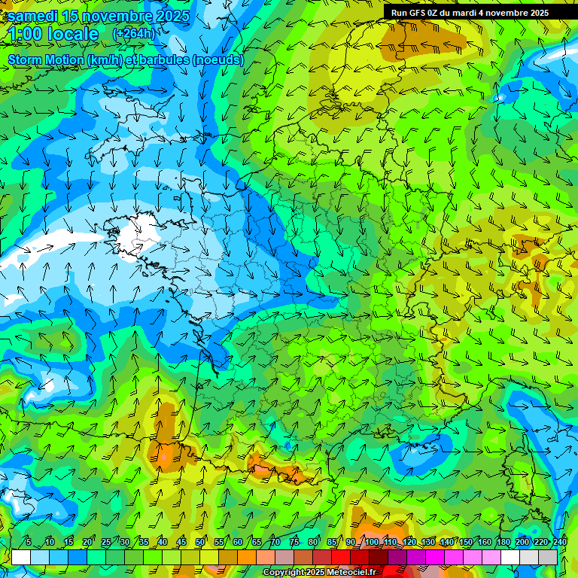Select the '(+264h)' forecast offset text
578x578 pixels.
click(x=134, y=34)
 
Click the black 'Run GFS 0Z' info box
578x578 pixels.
click(x=480, y=12)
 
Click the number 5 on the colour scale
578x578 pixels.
click(x=29, y=542)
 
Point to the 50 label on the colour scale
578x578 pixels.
click(x=200, y=542)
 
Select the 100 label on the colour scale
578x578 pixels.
click(x=372, y=542)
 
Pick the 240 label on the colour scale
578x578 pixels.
click(x=559, y=542)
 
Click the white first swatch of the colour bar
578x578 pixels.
click(x=21, y=557)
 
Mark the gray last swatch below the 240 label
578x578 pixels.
click(x=548, y=557)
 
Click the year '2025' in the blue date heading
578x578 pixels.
click(x=172, y=16)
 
